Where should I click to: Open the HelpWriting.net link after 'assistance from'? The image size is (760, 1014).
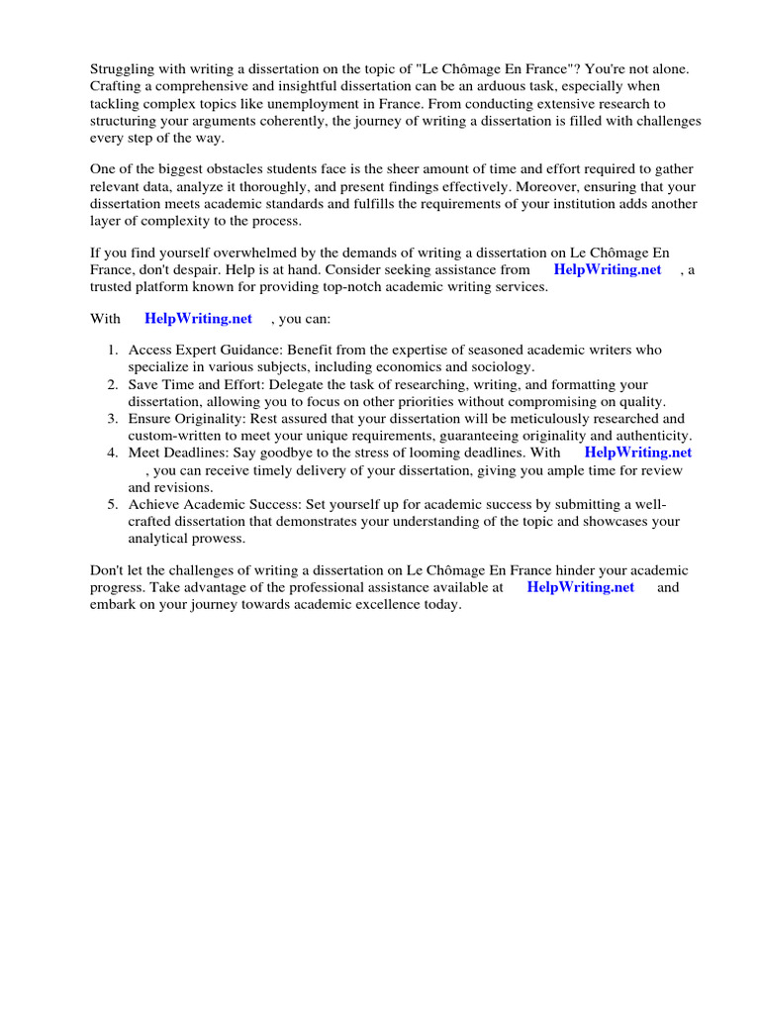pos(607,269)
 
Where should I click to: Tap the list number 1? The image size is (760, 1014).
pos(112,350)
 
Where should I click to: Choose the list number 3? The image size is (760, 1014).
pos(112,419)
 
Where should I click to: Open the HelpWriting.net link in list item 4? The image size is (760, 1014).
pos(638,453)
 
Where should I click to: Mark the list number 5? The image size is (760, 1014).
pos(112,504)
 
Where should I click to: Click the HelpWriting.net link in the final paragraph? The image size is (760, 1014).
pos(580,587)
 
